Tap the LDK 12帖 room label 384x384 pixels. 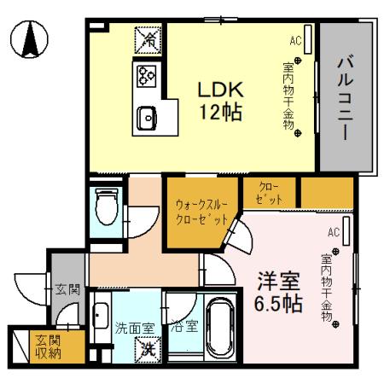pos(222,99)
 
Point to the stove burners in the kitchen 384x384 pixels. pos(143,76)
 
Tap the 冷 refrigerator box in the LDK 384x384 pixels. pos(147,38)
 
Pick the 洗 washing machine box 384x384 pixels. pos(148,348)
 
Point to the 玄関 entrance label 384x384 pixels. pos(67,289)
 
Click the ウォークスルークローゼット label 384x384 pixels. pos(201,212)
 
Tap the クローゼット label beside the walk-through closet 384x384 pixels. pos(265,192)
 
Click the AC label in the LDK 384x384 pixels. pos(295,40)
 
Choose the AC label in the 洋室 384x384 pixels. pos(334,231)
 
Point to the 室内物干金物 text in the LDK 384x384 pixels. pos(288,94)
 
